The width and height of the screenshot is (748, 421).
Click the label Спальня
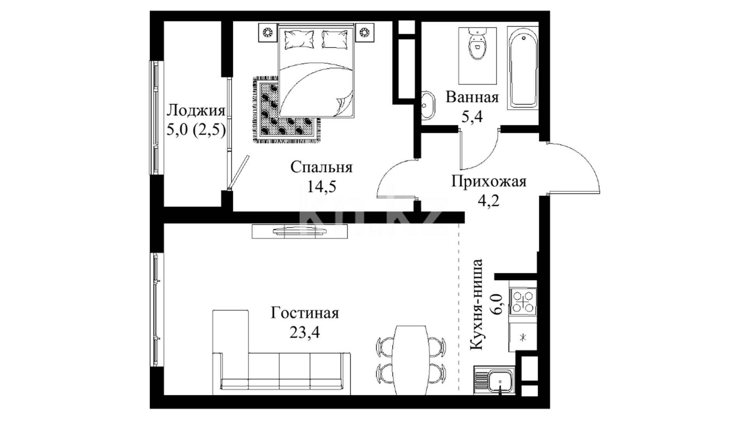click(321, 168)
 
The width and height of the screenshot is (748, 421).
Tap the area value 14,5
click(321, 187)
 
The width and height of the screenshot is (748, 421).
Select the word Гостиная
click(305, 313)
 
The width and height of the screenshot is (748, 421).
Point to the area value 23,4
click(305, 332)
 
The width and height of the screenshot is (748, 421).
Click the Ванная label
click(472, 97)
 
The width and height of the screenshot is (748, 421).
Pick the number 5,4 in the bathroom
click(472, 116)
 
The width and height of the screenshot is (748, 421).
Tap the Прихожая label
click(489, 182)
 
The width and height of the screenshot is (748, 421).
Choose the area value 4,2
click(489, 201)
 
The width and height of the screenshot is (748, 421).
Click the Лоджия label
click(196, 111)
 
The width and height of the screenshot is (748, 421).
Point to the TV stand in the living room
click(300, 231)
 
